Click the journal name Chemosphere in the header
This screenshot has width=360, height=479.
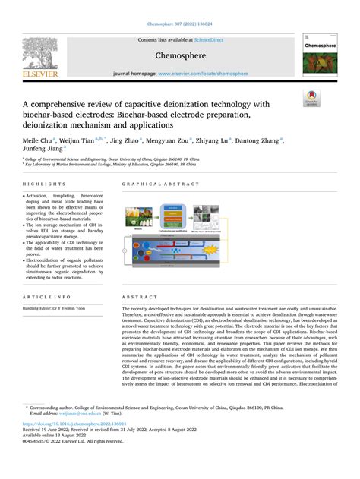click(x=179, y=56)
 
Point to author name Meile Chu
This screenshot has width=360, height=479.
click(x=37, y=140)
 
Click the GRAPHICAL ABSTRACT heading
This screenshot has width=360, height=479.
click(x=156, y=184)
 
